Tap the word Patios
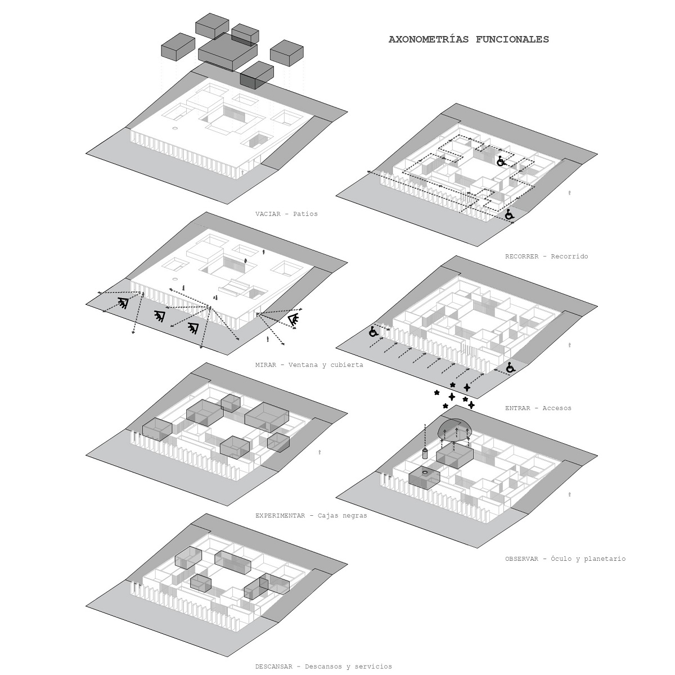tap(305, 214)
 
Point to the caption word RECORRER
tap(522, 256)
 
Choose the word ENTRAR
tap(517, 408)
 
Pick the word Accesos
tap(557, 408)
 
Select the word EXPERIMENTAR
tap(280, 515)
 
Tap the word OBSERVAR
tap(522, 559)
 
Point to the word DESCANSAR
tap(273, 667)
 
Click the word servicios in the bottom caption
tap(371, 667)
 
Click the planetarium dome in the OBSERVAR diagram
tap(454, 429)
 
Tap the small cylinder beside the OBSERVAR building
tap(425, 454)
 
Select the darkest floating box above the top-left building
tap(256, 76)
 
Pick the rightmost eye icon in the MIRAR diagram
tap(294, 321)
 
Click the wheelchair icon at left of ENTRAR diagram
tap(373, 331)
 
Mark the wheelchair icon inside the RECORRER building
tap(501, 161)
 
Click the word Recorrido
tap(569, 256)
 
